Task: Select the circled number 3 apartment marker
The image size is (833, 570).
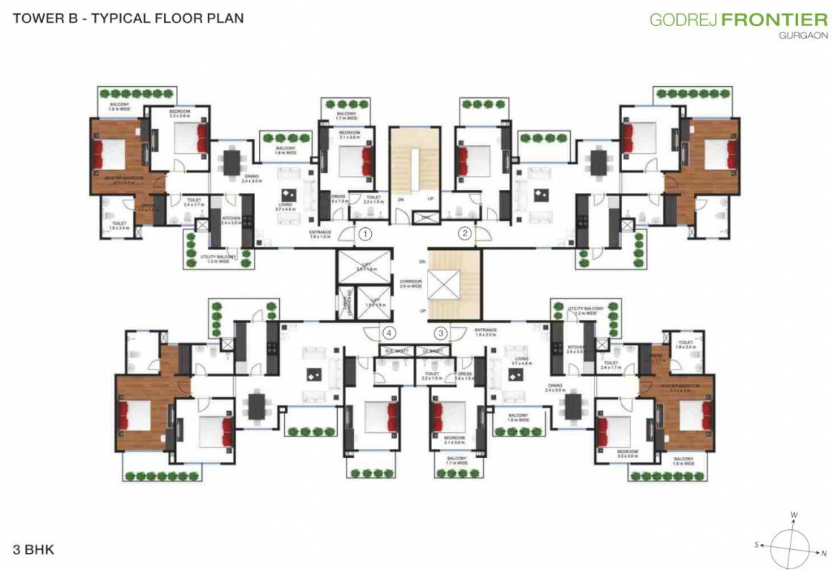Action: pyautogui.click(x=441, y=333)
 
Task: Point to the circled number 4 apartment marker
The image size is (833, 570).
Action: pyautogui.click(x=388, y=333)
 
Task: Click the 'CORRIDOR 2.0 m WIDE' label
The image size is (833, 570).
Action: pyautogui.click(x=411, y=284)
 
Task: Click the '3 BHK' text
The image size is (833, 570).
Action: pyautogui.click(x=33, y=550)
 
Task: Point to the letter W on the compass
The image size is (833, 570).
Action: pyautogui.click(x=794, y=514)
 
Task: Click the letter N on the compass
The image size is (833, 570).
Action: pyautogui.click(x=823, y=552)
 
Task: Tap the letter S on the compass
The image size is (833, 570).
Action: pyautogui.click(x=757, y=544)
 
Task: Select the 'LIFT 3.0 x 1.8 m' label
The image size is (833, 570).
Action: pyautogui.click(x=362, y=268)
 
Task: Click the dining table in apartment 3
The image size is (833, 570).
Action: pyautogui.click(x=573, y=405)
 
